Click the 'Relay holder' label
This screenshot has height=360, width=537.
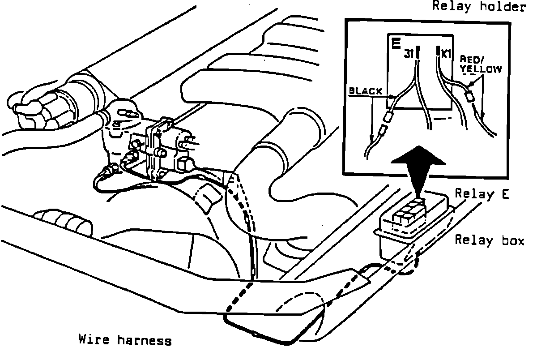click(x=478, y=8)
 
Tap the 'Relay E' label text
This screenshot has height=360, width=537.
click(x=483, y=194)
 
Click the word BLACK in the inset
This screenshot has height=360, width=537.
click(x=365, y=91)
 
